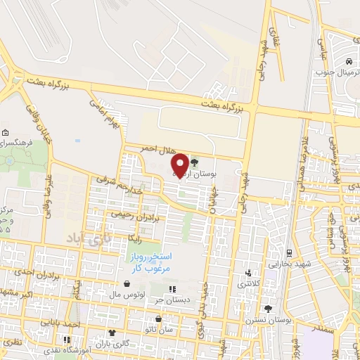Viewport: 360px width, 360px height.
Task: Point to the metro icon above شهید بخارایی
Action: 290,252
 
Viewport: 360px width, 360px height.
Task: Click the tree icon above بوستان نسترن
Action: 267,308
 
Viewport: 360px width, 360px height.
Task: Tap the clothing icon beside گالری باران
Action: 111,333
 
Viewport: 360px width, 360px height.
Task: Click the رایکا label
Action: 135,239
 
